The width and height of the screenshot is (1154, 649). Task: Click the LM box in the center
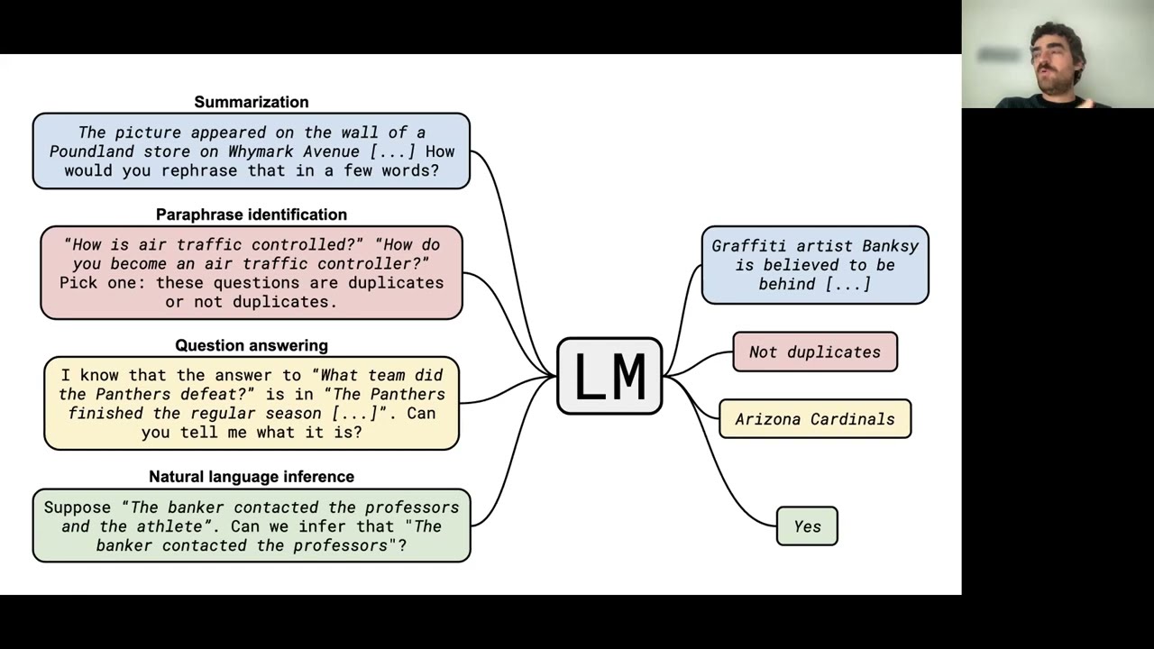click(609, 376)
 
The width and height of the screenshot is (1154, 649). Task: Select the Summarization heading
click(251, 102)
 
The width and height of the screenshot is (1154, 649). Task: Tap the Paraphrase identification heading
click(251, 215)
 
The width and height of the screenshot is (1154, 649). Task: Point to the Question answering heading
click(251, 345)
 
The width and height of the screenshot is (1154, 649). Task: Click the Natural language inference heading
click(251, 476)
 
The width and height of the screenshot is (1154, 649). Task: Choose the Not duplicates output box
click(814, 352)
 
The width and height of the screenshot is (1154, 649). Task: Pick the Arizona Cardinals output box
click(814, 419)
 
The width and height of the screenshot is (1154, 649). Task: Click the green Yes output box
click(807, 526)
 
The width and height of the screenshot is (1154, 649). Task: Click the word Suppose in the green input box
click(78, 507)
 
